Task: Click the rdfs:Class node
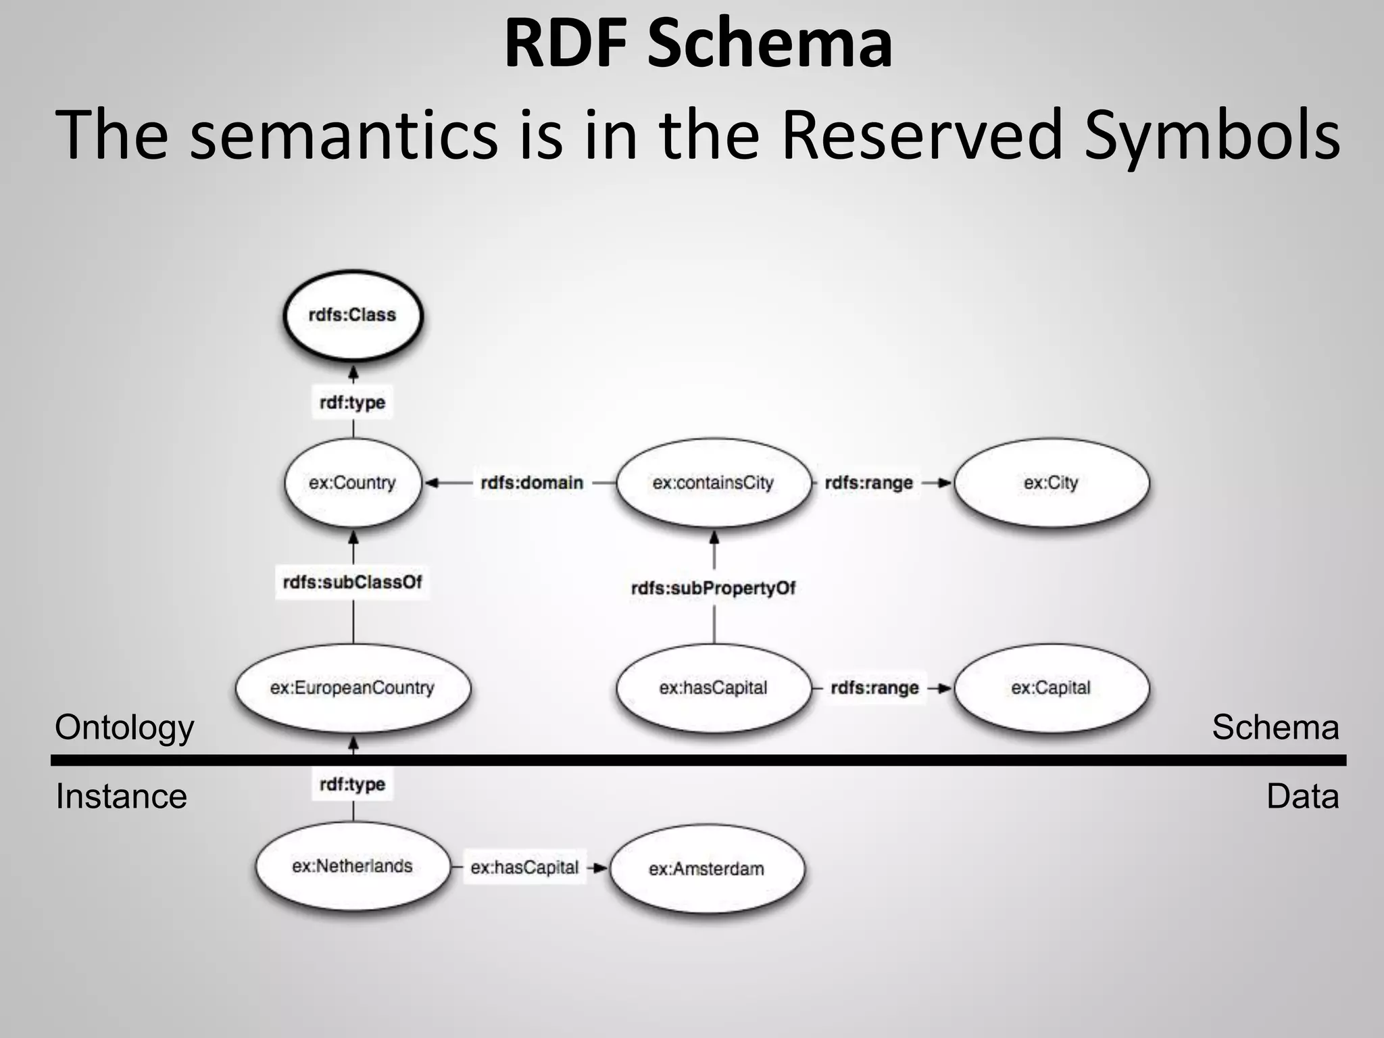click(352, 316)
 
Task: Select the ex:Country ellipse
click(352, 483)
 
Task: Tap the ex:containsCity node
click(713, 483)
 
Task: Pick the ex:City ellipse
click(1051, 483)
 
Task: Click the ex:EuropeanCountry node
click(352, 688)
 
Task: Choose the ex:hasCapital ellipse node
click(713, 688)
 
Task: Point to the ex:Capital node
click(1051, 688)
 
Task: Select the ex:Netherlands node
click(352, 866)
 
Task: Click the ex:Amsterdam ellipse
click(707, 868)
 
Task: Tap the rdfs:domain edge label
click(532, 483)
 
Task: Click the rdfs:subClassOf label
click(352, 582)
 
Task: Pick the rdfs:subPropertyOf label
click(713, 588)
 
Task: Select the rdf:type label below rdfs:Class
click(352, 402)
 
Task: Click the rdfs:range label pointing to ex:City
click(869, 483)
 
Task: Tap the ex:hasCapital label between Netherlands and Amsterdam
click(524, 868)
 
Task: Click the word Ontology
click(124, 728)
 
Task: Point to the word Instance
click(121, 796)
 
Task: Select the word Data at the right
click(1302, 796)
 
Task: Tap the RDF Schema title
click(698, 45)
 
